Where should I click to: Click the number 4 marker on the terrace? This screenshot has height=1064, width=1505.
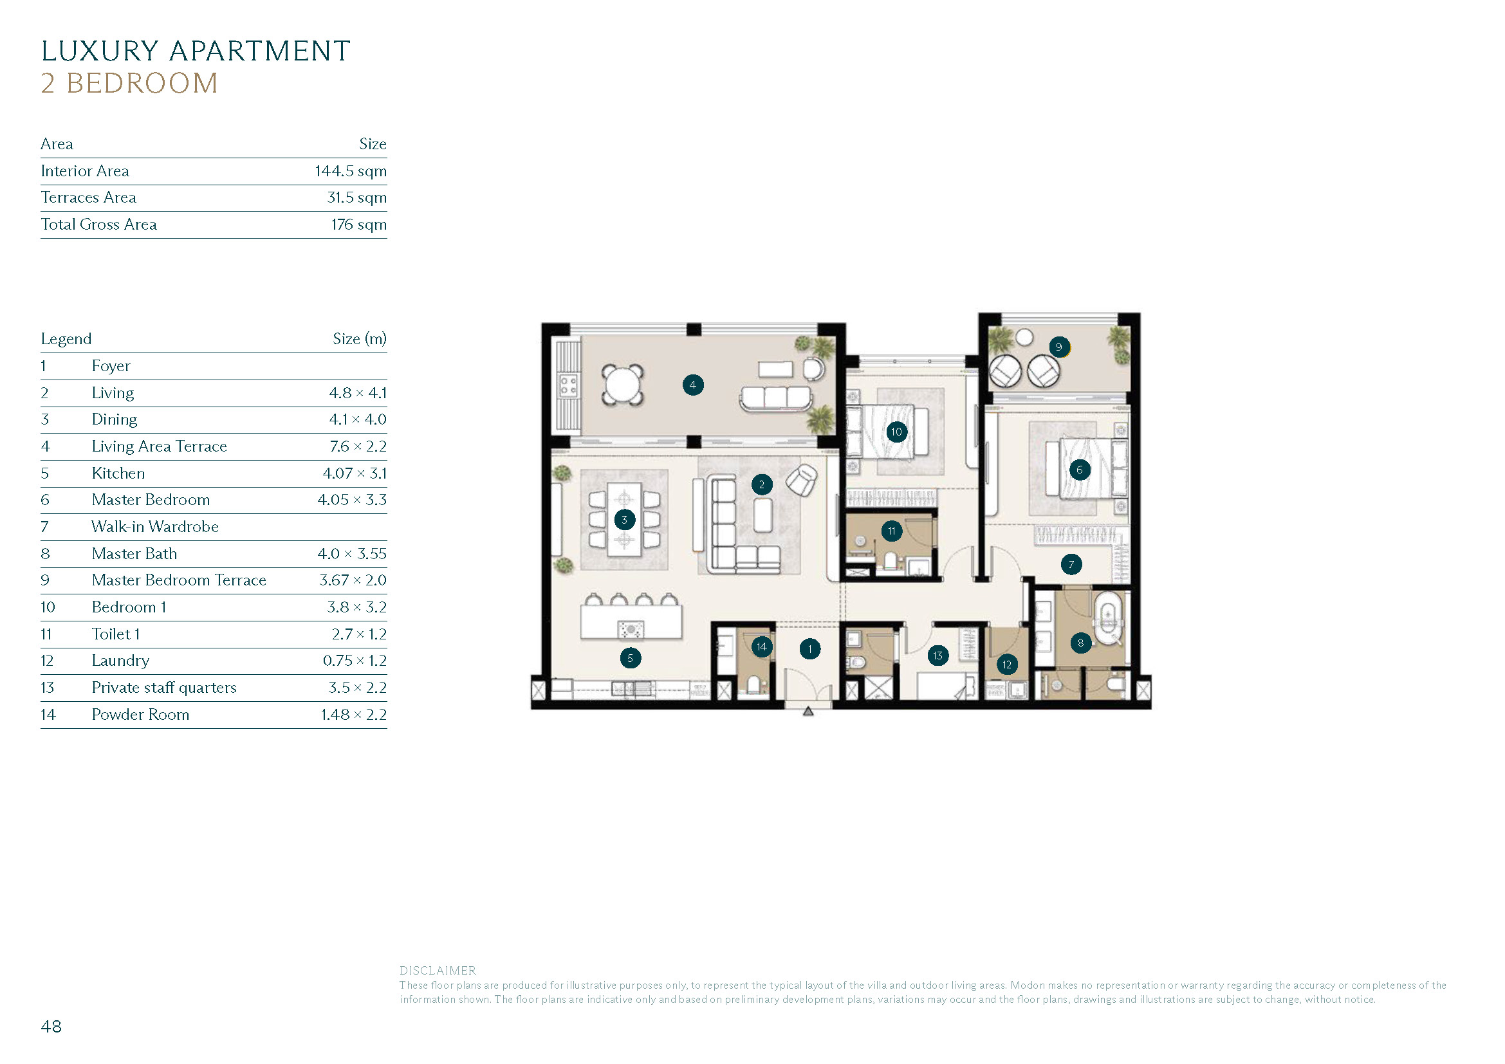tap(693, 385)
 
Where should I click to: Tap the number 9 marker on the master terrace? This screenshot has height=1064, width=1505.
tap(1058, 347)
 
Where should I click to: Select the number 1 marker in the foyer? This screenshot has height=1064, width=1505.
tap(809, 648)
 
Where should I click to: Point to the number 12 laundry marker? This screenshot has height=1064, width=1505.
tap(1007, 665)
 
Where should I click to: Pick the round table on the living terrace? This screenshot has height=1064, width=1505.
tap(623, 384)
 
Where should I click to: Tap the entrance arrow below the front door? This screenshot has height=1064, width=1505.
tap(808, 711)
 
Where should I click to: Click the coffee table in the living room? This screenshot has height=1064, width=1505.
tap(762, 516)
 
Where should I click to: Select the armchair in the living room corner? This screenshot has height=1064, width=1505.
tap(801, 481)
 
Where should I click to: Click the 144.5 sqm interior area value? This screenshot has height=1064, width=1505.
tap(351, 171)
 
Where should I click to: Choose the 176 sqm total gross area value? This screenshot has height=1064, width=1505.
tap(358, 225)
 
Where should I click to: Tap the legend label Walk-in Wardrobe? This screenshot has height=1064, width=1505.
tap(154, 527)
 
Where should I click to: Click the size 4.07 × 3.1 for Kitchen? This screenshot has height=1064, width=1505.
tap(355, 473)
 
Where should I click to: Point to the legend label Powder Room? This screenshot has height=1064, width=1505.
tap(140, 714)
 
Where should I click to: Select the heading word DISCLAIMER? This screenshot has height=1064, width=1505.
tap(438, 970)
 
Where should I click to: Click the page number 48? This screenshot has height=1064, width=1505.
tap(51, 1026)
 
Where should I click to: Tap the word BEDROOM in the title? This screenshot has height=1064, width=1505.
tap(142, 83)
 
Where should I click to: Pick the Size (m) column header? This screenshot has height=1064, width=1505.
tap(359, 339)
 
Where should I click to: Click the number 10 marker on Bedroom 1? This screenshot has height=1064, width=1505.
tap(896, 432)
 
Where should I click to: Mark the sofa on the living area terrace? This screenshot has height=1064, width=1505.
tap(776, 399)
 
